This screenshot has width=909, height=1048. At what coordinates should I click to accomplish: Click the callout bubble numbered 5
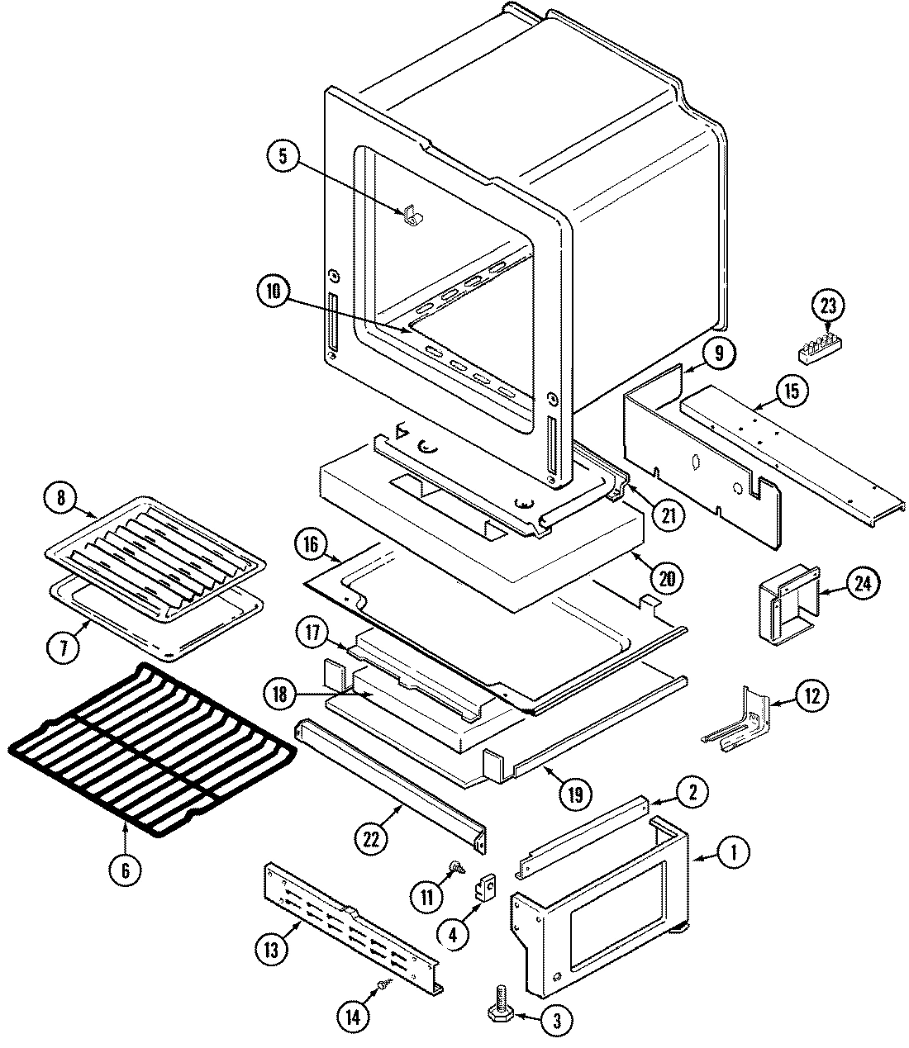283,157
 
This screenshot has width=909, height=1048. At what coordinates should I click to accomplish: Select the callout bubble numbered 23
828,306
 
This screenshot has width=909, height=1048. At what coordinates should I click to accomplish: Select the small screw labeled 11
454,868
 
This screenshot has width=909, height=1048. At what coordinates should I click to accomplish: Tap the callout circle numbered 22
371,839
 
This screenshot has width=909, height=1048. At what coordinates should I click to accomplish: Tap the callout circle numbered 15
792,391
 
